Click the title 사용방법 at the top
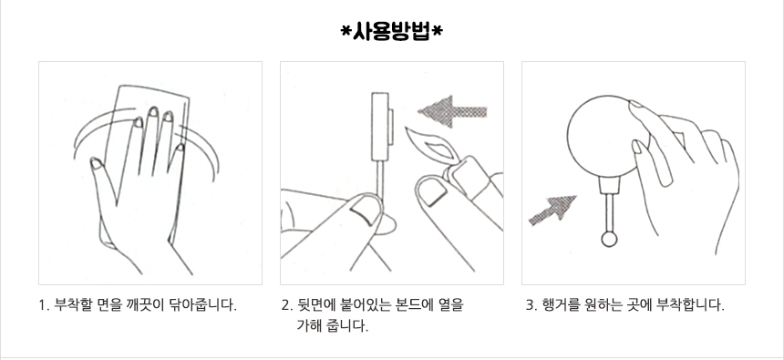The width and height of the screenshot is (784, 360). click(391, 32)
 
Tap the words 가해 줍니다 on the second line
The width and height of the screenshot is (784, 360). click(333, 326)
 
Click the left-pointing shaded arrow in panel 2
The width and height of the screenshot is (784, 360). click(452, 111)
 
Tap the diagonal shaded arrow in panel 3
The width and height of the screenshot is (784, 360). click(552, 210)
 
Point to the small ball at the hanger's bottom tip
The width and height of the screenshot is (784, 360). click(609, 240)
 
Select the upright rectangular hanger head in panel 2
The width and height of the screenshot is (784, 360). click(381, 127)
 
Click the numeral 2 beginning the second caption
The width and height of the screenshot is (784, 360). click(285, 305)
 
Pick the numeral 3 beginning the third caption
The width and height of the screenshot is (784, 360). click(530, 305)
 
